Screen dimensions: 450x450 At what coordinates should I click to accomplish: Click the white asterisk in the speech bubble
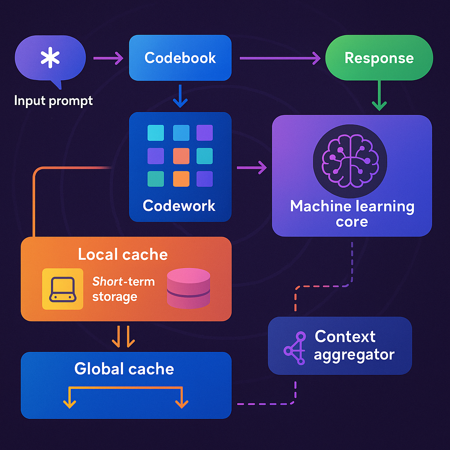[x=50, y=58]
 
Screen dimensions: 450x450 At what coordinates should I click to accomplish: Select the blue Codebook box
[x=180, y=58]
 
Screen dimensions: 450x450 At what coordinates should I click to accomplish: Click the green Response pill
[x=379, y=58]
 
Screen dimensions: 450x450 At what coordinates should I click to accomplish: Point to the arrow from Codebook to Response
[x=279, y=58]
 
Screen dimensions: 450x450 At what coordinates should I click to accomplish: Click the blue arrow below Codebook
[x=180, y=96]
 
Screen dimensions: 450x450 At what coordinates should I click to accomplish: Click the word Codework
[x=179, y=205]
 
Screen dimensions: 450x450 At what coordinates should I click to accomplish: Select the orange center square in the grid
[x=181, y=156]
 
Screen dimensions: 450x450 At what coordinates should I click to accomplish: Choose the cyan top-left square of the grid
[x=156, y=133]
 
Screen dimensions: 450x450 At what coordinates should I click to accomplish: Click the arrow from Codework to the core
[x=252, y=167]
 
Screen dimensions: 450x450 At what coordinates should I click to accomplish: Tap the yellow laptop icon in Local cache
[x=62, y=289]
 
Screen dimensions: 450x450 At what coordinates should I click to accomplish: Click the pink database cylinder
[x=189, y=288]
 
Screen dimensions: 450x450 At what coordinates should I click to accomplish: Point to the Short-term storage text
[x=123, y=289]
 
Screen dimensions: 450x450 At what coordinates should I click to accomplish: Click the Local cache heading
[x=123, y=254]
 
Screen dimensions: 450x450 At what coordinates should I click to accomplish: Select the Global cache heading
[x=124, y=368]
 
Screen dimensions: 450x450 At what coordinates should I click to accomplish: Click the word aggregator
[x=354, y=354]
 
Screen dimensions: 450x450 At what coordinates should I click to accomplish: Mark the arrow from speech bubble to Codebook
[x=108, y=58]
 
